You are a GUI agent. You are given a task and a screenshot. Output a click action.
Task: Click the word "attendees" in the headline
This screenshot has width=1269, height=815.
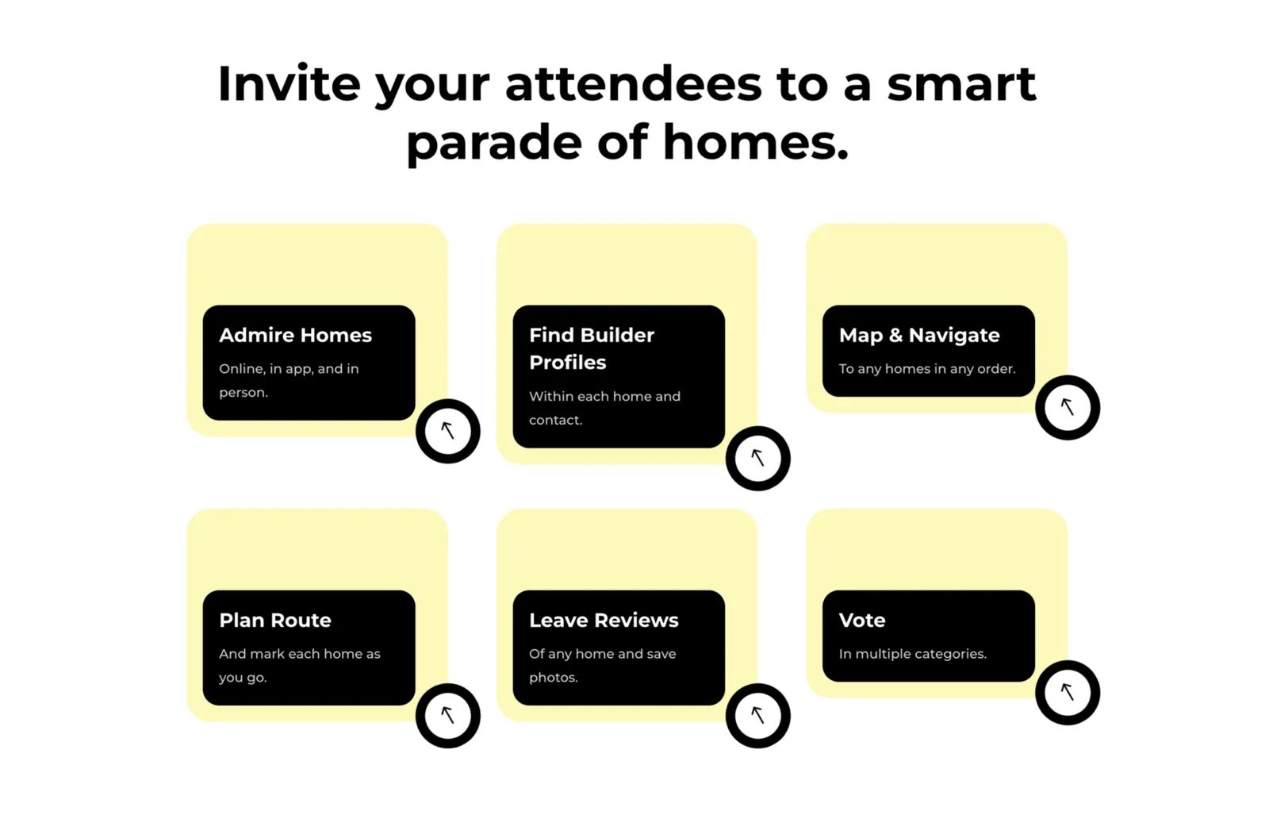(x=634, y=83)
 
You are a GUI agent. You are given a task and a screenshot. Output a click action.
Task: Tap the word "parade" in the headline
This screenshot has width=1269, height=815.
(x=494, y=144)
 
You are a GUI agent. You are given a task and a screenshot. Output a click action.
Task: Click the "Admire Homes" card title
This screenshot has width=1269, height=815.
(x=295, y=335)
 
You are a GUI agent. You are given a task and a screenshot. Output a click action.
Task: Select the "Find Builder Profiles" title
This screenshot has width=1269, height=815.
(x=592, y=348)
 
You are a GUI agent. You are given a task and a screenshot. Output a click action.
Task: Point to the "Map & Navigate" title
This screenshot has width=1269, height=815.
(x=919, y=336)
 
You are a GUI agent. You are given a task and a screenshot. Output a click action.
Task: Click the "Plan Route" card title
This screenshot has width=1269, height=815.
(x=274, y=620)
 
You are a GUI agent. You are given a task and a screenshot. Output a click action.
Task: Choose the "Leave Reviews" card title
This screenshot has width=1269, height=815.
(x=604, y=620)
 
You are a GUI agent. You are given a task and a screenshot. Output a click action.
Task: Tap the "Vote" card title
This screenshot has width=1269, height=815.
(x=861, y=620)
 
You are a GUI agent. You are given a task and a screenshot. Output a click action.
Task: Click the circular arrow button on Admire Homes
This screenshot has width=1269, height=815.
(x=448, y=431)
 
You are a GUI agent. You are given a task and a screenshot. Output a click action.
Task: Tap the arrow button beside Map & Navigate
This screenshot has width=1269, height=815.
(x=1068, y=408)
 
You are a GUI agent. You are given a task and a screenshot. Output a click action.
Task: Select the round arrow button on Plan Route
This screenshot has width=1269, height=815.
(x=448, y=716)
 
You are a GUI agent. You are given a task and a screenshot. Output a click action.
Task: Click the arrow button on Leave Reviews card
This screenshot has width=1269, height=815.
(x=758, y=716)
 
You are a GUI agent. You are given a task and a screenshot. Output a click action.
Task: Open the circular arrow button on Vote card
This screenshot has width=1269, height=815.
(x=1068, y=693)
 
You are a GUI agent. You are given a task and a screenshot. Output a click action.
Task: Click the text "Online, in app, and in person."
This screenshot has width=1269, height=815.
(x=289, y=380)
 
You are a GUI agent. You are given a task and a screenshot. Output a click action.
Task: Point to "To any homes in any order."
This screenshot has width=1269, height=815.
(x=927, y=369)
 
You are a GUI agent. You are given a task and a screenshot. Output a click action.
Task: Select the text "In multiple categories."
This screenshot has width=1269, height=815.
(x=913, y=654)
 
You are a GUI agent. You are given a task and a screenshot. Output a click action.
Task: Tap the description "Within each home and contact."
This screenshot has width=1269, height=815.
(x=604, y=408)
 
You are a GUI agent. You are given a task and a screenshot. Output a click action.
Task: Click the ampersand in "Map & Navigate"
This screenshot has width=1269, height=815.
(x=895, y=335)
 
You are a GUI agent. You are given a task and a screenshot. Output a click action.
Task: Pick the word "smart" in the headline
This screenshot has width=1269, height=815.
(x=961, y=83)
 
